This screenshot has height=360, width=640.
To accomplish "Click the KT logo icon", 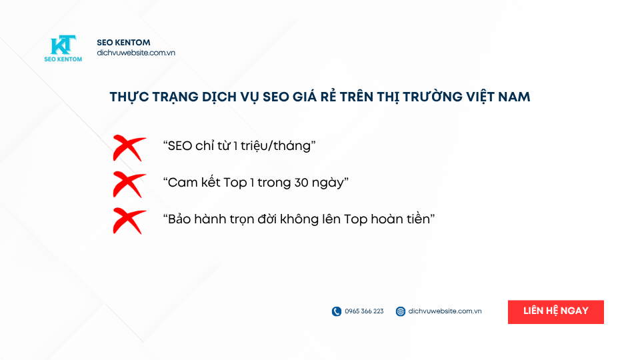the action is coord(63,45).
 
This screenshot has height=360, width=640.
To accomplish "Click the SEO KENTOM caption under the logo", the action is coord(63,59).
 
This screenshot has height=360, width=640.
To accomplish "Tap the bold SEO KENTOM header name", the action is coord(123,43).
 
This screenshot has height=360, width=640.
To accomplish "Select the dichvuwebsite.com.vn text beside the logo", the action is coord(136,53).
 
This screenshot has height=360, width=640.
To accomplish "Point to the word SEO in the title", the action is coord(276,97).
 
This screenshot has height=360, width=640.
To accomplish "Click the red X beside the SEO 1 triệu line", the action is coord(129,148).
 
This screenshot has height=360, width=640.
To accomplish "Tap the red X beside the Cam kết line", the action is coord(129,185).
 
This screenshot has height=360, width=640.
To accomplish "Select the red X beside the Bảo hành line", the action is coord(129,221).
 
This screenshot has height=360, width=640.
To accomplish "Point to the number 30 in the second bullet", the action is coord(301,183).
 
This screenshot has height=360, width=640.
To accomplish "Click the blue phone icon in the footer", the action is coord(336,311).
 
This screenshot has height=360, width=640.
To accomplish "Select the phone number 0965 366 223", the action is coord(364,311).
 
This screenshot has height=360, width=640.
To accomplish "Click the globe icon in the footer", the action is coord(401,311).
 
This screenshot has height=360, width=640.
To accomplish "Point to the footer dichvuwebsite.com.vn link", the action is coord(445,311).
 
